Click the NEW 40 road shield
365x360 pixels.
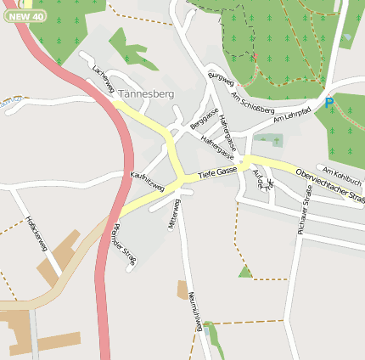(24, 16)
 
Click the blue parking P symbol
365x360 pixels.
(329, 103)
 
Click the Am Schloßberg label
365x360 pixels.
(253, 104)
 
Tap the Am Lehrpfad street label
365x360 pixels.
(293, 117)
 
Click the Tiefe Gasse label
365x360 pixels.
(216, 172)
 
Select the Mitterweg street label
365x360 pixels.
(176, 211)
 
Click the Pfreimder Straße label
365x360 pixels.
(124, 242)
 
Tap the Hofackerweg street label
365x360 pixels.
(36, 233)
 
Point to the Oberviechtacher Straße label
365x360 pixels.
(331, 186)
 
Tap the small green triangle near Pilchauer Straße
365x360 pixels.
(245, 272)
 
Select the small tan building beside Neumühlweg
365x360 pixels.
(182, 290)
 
